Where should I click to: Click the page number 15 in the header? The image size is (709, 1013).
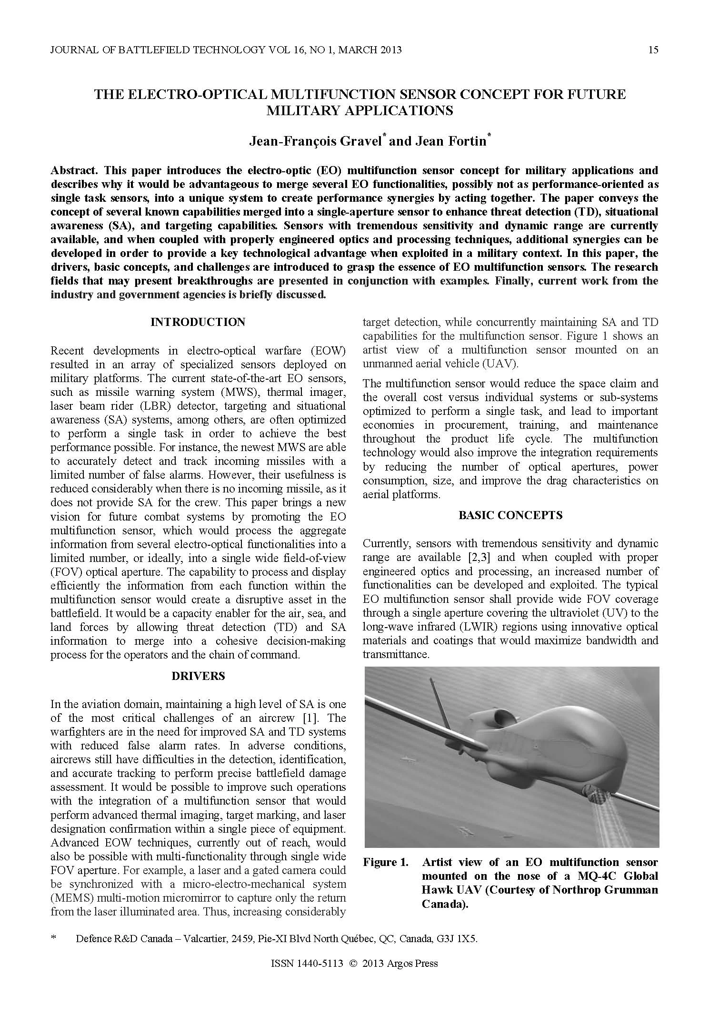tap(653, 49)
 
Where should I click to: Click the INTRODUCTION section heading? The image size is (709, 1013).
tap(198, 322)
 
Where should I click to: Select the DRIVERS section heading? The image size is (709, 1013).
tap(198, 676)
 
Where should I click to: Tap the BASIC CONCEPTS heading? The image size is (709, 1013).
tap(510, 515)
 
